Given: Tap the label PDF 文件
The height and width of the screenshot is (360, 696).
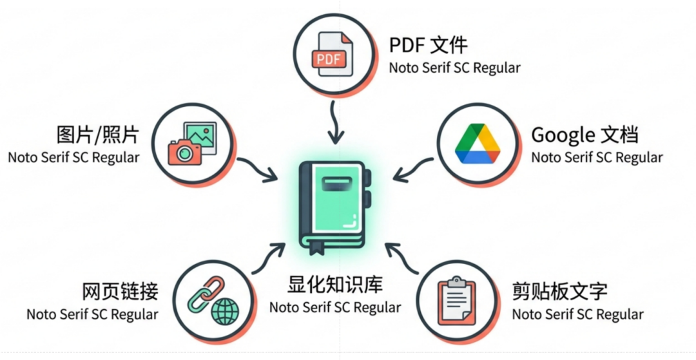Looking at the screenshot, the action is (x=428, y=45).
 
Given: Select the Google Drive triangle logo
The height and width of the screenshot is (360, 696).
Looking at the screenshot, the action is (x=478, y=144).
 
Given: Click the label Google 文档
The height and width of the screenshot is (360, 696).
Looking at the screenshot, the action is (x=585, y=135).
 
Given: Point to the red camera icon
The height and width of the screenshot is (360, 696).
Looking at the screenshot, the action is (x=185, y=152).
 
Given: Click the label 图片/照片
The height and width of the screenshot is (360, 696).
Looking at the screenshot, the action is (x=97, y=135).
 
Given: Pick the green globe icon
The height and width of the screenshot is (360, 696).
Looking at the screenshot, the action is (x=224, y=312).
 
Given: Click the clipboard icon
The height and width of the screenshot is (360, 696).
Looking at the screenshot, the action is (x=457, y=303).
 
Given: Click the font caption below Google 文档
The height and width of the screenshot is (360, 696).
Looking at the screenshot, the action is (x=597, y=157).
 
